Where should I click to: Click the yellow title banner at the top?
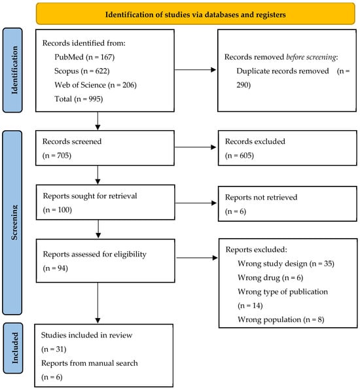tap(196, 14)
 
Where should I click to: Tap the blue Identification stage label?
tap(12, 70)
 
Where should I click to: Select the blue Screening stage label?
tap(12, 222)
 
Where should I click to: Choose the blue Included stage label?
tap(13, 348)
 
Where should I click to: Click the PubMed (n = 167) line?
tap(84, 57)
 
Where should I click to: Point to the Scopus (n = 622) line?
tap(82, 71)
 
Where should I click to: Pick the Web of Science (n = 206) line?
tap(96, 85)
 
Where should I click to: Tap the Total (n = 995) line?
tap(79, 99)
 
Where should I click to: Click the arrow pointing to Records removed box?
tap(195, 70)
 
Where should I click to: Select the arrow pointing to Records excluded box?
tap(196, 147)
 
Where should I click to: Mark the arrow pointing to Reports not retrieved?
tap(196, 203)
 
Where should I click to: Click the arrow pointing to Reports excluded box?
tap(197, 258)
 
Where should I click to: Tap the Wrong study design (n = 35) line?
tap(286, 264)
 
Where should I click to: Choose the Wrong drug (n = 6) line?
tap(270, 277)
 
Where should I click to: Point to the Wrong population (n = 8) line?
tap(281, 319)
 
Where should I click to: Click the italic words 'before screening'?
tap(311, 57)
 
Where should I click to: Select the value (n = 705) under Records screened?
tap(57, 156)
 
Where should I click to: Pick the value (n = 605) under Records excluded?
tap(240, 156)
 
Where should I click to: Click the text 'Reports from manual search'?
tap(89, 363)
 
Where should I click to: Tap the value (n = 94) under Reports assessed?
tap(55, 268)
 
